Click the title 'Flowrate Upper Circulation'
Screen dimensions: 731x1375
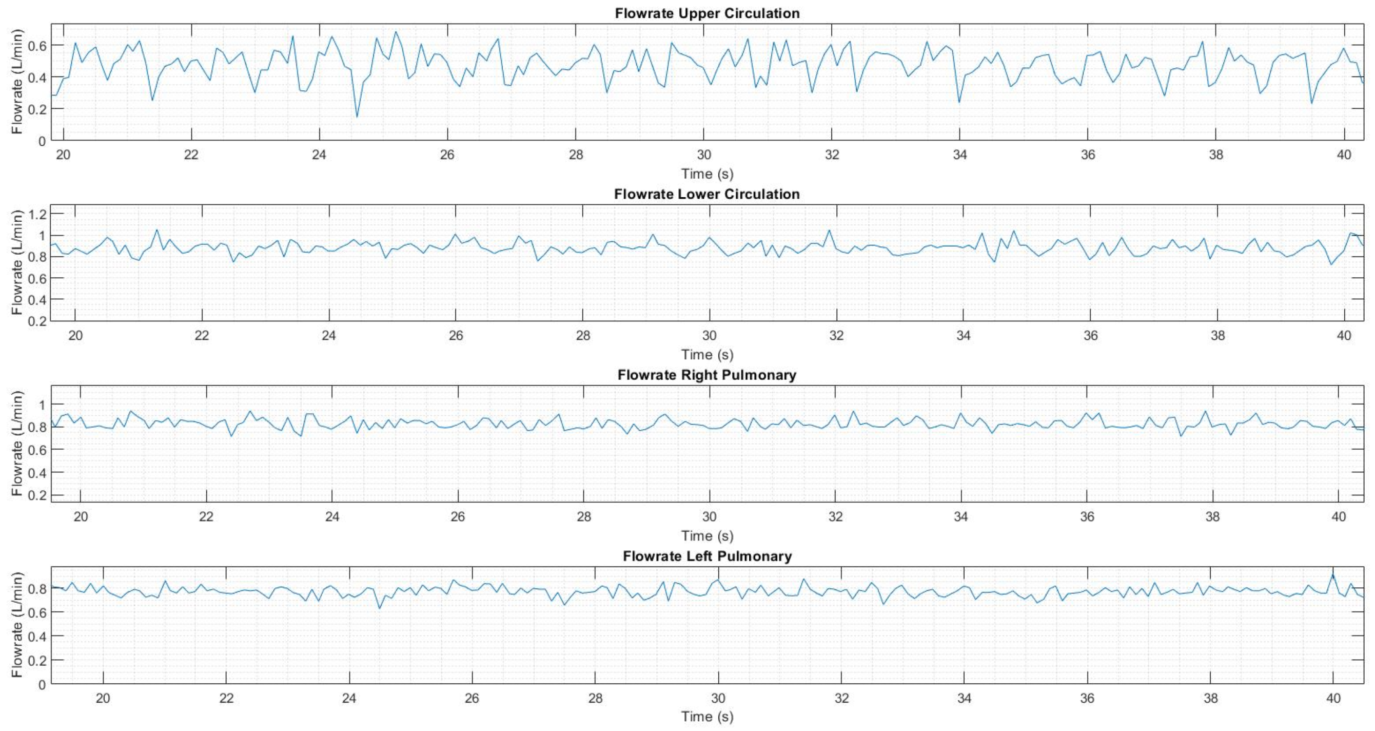point(706,13)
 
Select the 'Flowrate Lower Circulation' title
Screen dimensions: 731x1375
point(706,194)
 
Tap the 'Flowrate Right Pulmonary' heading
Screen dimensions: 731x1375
point(706,375)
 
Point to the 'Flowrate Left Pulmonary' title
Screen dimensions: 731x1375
point(706,556)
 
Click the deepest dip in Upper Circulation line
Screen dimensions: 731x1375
point(357,117)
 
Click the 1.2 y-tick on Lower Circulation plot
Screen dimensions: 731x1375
point(36,214)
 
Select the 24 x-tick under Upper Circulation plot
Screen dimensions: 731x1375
point(319,155)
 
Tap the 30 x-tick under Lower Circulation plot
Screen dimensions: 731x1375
point(710,336)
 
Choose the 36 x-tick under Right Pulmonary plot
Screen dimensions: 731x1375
point(1087,517)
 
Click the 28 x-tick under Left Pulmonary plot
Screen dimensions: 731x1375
point(595,698)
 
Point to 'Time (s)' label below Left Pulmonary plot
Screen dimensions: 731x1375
point(706,717)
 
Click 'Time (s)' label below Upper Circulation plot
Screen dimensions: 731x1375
point(706,174)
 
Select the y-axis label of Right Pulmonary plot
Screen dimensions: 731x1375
point(17,443)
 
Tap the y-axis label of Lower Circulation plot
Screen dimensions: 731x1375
point(17,262)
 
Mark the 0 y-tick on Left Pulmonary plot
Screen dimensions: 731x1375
point(42,685)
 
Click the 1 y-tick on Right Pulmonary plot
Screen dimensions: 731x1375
point(42,405)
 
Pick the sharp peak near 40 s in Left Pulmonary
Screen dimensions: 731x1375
point(1333,574)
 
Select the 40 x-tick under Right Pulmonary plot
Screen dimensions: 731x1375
point(1339,517)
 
